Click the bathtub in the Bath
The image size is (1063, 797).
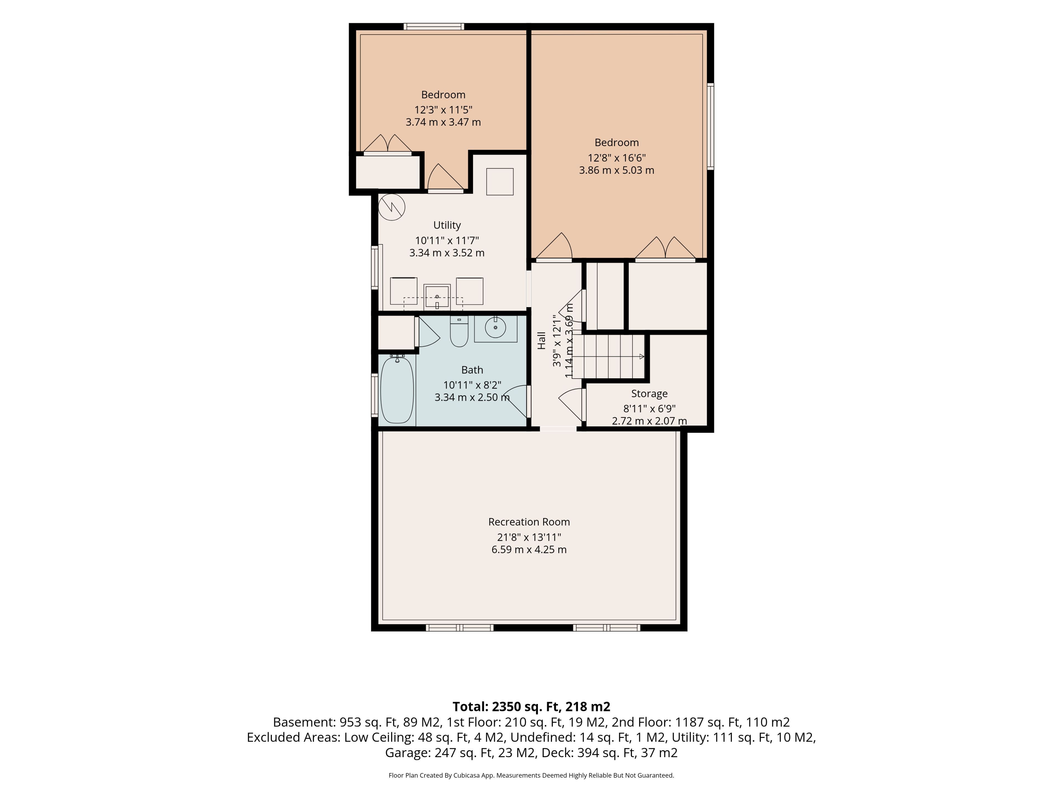397,390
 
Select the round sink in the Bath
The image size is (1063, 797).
496,328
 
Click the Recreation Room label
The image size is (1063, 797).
529,522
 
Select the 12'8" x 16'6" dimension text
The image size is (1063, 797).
616,157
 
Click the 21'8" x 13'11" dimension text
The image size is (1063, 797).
529,537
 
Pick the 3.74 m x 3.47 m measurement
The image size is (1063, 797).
443,122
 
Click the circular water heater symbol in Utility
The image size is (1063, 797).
392,207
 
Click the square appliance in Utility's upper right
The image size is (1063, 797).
500,182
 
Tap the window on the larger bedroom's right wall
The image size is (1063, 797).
710,126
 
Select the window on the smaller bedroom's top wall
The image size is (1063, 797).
434,26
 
